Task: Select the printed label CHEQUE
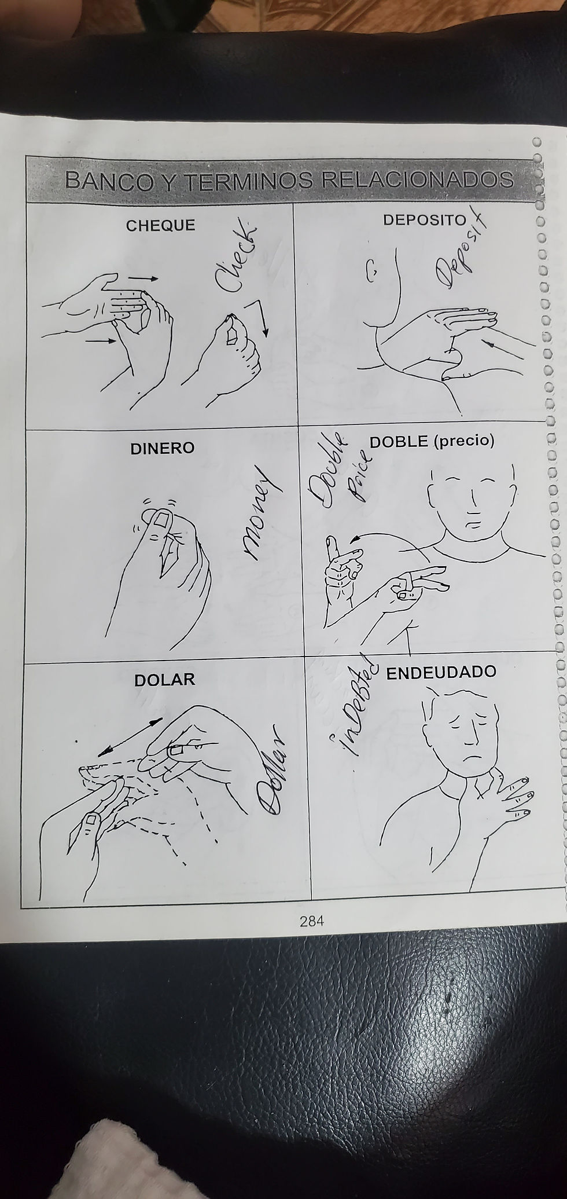coord(161,225)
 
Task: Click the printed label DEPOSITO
coord(424,219)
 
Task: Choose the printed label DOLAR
coord(165,663)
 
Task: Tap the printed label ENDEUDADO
coord(441,656)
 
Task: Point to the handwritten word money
coord(258,512)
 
